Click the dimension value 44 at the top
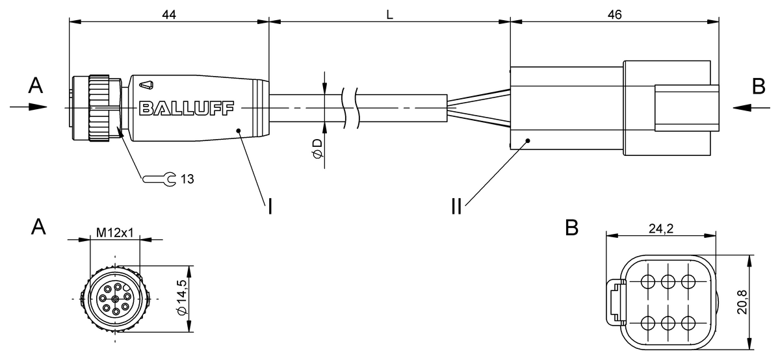[x=168, y=14]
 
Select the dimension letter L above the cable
[x=389, y=14]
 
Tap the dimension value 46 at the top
[x=614, y=14]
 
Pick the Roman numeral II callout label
[x=457, y=207]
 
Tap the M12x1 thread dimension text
[x=114, y=232]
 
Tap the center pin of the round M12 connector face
[x=115, y=298]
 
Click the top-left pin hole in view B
[x=648, y=281]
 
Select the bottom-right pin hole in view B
[x=688, y=322]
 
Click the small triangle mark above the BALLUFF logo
[x=148, y=83]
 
